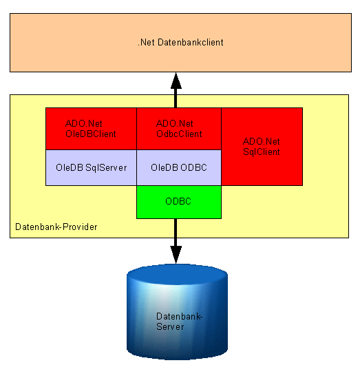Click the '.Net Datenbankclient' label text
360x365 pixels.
pos(180,43)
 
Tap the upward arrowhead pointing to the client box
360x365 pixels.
pos(176,81)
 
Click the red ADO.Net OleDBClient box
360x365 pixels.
pos(91,129)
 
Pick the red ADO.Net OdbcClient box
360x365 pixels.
pos(179,129)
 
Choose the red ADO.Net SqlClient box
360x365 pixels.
pos(262,147)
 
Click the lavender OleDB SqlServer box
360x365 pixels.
pos(91,167)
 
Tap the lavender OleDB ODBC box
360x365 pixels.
pos(179,167)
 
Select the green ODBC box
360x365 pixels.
pos(179,202)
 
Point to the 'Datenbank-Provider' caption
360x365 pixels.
pos(56,227)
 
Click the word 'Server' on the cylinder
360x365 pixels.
pos(170,327)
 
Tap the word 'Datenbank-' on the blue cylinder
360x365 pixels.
pos(180,317)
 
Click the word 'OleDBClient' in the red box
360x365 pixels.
pos(91,134)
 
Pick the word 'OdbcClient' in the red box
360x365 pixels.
pos(179,134)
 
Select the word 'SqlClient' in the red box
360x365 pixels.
pos(262,152)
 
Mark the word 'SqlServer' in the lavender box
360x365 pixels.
pos(106,167)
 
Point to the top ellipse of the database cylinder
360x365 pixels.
pos(177,275)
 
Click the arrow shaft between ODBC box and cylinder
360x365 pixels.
pos(176,233)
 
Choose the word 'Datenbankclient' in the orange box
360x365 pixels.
pos(191,43)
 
